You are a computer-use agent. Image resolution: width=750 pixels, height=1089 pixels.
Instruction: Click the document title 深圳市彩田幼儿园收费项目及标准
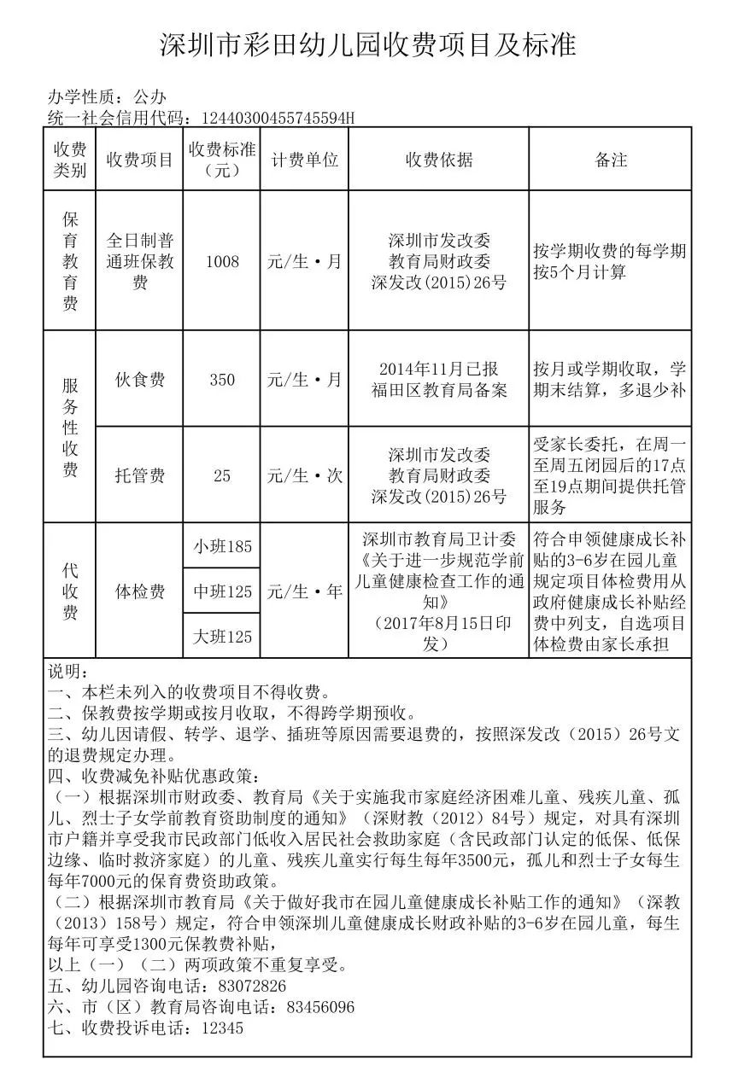coord(369,44)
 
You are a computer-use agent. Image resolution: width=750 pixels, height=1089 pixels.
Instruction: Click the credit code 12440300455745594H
coord(275,118)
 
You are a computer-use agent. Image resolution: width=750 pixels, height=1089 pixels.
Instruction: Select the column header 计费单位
coord(304,160)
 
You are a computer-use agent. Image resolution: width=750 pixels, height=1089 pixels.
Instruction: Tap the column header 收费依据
coord(438,160)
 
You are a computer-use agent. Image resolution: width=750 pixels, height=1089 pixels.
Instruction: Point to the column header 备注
coord(611,160)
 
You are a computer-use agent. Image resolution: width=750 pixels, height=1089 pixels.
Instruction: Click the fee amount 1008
coord(222,261)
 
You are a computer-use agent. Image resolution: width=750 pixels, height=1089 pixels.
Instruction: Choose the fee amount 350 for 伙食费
coord(222,380)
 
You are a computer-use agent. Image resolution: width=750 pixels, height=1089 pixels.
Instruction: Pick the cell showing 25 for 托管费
coord(222,475)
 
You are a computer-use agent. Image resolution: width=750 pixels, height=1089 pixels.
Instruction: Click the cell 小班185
coord(222,546)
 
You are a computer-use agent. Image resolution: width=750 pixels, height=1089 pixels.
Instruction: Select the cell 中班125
coord(222,591)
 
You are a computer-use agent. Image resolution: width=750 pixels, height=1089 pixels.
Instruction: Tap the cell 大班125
coord(222,637)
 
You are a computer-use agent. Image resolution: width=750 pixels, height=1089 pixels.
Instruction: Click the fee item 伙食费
coord(139,380)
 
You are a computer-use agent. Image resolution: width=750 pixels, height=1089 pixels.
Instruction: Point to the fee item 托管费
coord(139,475)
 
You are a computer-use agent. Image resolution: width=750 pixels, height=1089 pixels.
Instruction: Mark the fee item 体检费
coord(139,591)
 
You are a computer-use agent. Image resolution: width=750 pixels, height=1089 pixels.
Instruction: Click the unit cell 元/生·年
coord(304,591)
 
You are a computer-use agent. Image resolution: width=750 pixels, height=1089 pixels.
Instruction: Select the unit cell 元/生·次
coord(304,475)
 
